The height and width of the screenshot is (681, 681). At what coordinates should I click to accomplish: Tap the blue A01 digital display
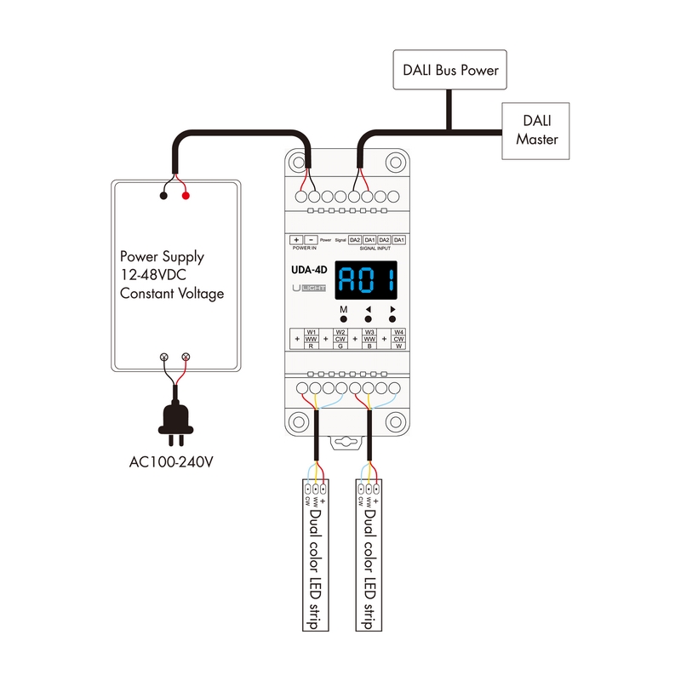click(368, 280)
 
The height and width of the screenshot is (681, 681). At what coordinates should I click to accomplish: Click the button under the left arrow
click(368, 318)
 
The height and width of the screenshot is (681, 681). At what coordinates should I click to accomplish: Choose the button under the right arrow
click(392, 318)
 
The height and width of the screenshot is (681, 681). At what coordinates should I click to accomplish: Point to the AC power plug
click(176, 421)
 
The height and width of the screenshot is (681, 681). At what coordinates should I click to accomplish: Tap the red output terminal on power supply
click(186, 196)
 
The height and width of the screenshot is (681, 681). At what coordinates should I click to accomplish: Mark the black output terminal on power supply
click(163, 196)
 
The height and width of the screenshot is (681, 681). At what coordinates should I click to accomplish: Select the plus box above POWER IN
click(296, 241)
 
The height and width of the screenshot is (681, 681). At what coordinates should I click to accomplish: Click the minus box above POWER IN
click(311, 241)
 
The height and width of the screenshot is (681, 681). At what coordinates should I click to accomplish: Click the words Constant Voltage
click(172, 294)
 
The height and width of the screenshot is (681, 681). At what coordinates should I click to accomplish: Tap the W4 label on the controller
click(398, 332)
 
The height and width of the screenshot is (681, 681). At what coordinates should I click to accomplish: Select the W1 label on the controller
click(312, 332)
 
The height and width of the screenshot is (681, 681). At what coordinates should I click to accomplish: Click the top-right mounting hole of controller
click(394, 162)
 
